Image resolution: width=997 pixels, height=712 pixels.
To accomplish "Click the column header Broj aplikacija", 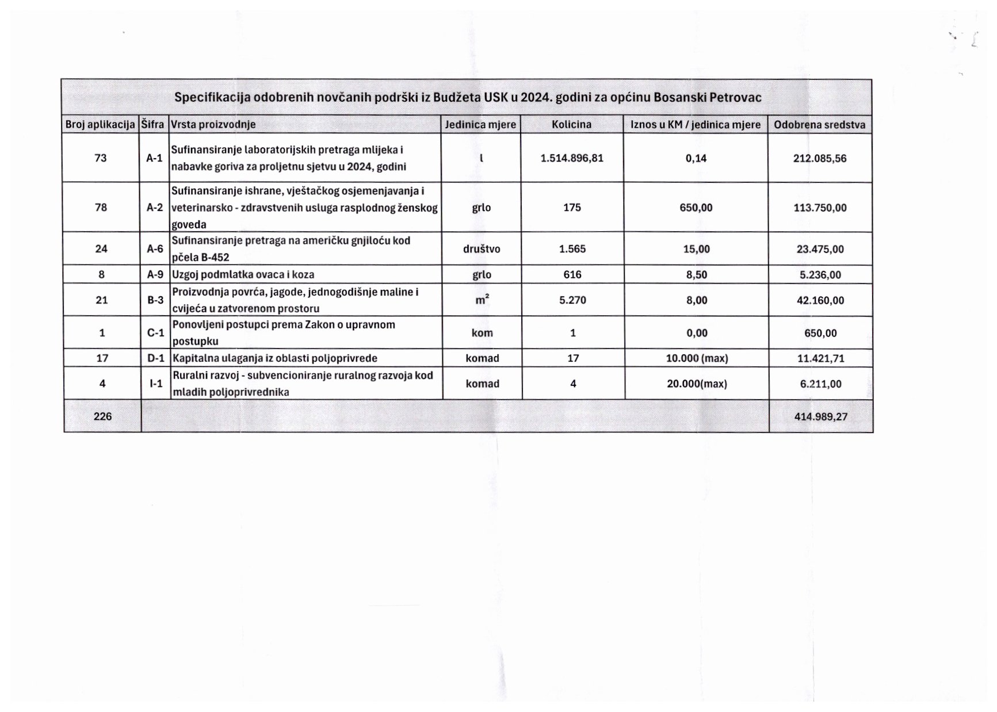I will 100,124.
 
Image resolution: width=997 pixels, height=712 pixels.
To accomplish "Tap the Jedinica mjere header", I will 480,124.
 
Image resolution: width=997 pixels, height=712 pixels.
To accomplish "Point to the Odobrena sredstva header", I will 819,125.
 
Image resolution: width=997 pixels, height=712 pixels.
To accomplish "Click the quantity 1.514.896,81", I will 572,158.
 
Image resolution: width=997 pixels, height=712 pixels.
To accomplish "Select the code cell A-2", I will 154,208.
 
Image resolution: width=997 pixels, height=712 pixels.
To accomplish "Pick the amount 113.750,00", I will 820,208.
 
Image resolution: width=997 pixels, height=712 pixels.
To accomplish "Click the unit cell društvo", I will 482,249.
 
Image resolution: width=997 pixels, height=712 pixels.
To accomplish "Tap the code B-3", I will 155,300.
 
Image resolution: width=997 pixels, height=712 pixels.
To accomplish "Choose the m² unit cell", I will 482,300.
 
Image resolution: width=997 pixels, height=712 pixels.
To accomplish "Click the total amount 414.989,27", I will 820,416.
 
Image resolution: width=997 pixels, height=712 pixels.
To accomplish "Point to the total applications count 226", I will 102,416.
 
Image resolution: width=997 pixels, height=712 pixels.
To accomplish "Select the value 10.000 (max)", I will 697,358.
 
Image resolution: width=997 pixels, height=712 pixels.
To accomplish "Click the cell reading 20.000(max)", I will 697,384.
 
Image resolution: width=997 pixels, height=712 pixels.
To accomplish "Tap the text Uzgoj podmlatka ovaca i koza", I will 243,274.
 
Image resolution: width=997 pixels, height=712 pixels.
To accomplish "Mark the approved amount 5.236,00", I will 820,275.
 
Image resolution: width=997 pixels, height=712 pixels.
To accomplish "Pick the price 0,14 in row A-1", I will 696,158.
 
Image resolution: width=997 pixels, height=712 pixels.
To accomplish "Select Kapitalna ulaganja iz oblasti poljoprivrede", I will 275,358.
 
